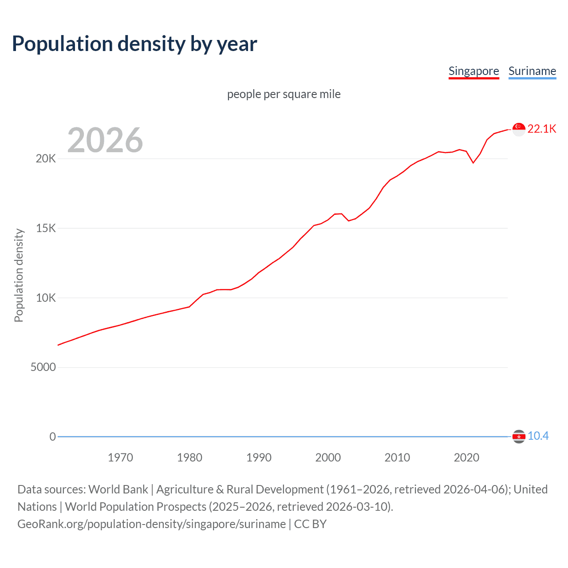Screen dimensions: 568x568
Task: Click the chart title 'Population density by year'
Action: pyautogui.click(x=134, y=44)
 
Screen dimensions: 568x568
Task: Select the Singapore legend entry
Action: pyautogui.click(x=473, y=71)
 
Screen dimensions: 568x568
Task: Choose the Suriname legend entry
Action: pyautogui.click(x=532, y=71)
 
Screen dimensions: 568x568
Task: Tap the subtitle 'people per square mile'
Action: pyautogui.click(x=284, y=94)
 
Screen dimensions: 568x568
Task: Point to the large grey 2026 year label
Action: pyautogui.click(x=105, y=140)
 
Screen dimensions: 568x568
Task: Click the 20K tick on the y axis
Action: pyautogui.click(x=46, y=158)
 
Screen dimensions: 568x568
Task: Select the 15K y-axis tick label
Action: pyautogui.click(x=46, y=228)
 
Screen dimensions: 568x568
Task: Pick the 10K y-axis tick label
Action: pyautogui.click(x=46, y=298)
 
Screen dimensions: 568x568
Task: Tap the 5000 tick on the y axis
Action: pyautogui.click(x=43, y=367)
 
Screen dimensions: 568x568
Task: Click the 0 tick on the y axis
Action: pyautogui.click(x=52, y=437)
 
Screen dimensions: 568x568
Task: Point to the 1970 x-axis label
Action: pyautogui.click(x=120, y=458)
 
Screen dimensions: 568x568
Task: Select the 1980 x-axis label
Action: pyautogui.click(x=189, y=458)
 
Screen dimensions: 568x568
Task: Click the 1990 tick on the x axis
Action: pyautogui.click(x=259, y=458)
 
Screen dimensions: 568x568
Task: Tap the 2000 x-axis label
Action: pyautogui.click(x=328, y=458)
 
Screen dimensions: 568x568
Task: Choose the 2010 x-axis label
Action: pyautogui.click(x=397, y=458)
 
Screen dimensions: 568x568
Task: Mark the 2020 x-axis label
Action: pyautogui.click(x=466, y=458)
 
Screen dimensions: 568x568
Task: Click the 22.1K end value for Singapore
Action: pyautogui.click(x=541, y=129)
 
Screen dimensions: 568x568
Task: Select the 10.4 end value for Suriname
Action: pyautogui.click(x=538, y=436)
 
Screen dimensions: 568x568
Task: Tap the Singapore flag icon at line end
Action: pyautogui.click(x=519, y=129)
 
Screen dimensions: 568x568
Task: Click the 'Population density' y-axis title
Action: pyautogui.click(x=19, y=275)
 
